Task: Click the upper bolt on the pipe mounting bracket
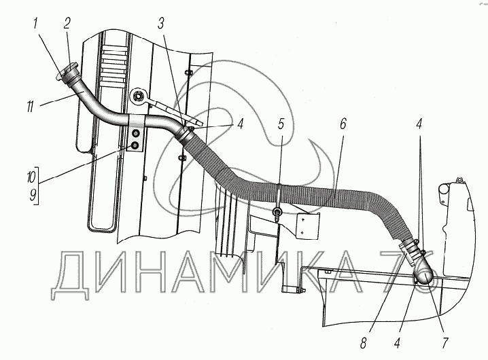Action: click(x=136, y=132)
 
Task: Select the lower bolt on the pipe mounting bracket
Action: click(x=136, y=145)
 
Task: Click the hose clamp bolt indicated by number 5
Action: click(x=278, y=214)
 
